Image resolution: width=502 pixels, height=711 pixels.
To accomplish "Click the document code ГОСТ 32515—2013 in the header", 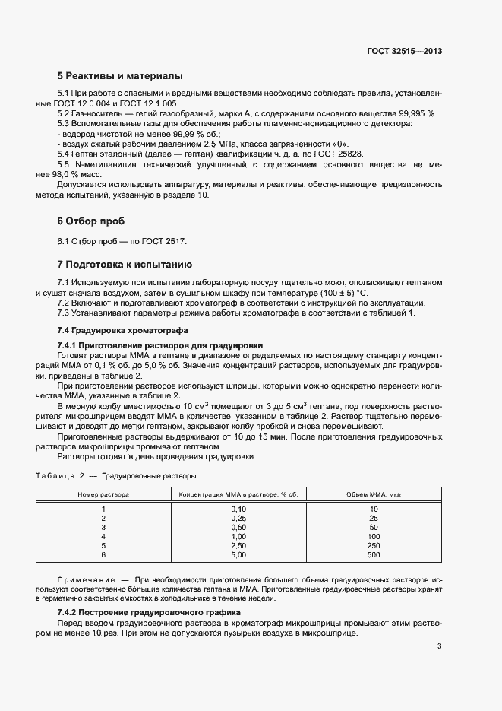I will [x=403, y=51].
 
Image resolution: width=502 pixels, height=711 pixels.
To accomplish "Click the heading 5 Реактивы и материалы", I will [x=119, y=76].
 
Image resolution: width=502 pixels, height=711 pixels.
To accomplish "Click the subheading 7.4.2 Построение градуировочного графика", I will [x=149, y=612].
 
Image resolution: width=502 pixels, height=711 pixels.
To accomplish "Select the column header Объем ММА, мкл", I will [x=374, y=494].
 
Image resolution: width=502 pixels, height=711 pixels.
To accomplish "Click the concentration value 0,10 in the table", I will [x=238, y=508].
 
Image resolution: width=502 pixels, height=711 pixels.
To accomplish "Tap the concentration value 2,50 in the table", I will [x=238, y=545].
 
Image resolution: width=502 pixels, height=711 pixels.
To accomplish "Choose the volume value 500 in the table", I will [x=374, y=555].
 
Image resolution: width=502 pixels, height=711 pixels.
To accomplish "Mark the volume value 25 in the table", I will [x=374, y=518].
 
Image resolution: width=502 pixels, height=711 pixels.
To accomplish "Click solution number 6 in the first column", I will [x=103, y=555].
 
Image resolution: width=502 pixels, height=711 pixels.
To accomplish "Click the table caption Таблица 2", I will [x=60, y=476].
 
